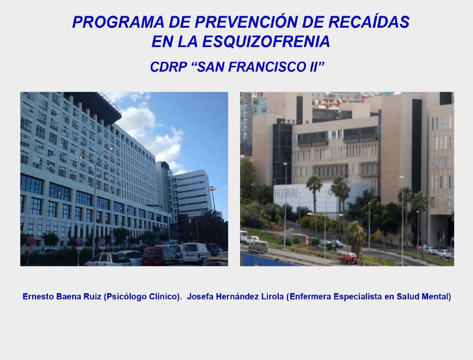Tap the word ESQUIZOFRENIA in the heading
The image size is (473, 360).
pos(266,42)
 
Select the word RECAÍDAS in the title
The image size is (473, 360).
pos(368,22)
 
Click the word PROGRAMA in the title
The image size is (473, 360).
pos(118,22)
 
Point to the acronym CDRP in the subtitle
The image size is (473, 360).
pos(168,67)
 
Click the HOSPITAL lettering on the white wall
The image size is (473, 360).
pos(286,194)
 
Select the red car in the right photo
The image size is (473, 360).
pos(349,258)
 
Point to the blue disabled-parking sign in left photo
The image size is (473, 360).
pos(113,240)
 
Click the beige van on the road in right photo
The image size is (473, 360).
pos(258,246)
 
